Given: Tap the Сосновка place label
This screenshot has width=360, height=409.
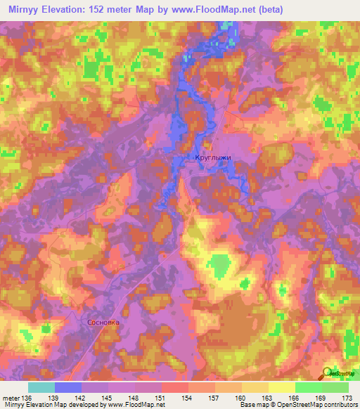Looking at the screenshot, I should (103, 323).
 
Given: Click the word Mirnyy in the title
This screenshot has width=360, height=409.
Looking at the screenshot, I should (19, 8).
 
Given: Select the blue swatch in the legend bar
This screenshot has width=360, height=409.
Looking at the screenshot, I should (67, 387).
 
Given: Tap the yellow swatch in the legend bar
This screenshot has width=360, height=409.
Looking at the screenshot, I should (282, 387).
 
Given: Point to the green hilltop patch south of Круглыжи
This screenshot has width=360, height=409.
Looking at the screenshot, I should (221, 266).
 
